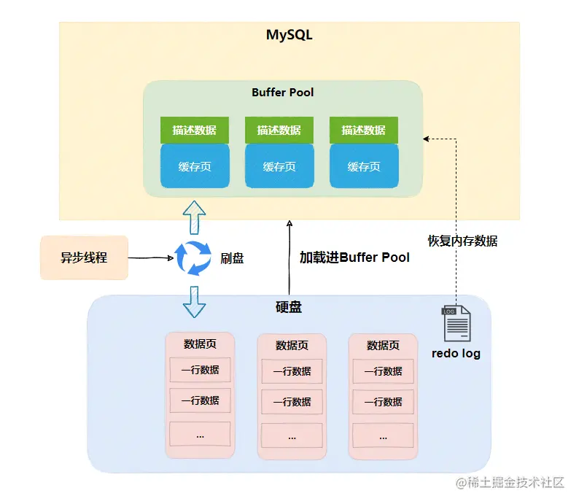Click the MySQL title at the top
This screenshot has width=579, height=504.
(289, 35)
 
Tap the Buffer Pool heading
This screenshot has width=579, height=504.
(283, 93)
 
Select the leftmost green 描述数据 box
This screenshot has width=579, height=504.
(195, 131)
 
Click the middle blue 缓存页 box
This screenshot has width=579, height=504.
(279, 166)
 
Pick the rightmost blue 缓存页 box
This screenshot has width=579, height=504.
(364, 166)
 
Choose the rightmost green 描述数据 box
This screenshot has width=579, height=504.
(364, 131)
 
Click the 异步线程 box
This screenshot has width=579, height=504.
(84, 257)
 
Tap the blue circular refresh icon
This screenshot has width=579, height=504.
(193, 258)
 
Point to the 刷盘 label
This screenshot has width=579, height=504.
(232, 258)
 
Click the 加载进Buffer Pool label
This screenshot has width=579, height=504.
(354, 257)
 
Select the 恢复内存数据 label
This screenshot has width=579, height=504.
(462, 241)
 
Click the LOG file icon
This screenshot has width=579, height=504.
(456, 323)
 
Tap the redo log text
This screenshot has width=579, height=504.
(456, 354)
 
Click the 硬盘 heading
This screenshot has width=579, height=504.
(289, 307)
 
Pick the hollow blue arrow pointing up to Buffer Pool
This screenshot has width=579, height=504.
(195, 217)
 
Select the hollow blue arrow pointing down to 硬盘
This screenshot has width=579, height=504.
(194, 301)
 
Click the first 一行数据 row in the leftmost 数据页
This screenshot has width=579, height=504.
(200, 370)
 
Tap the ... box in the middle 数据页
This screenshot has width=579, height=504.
(292, 435)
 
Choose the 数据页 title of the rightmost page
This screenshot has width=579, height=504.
(383, 345)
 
